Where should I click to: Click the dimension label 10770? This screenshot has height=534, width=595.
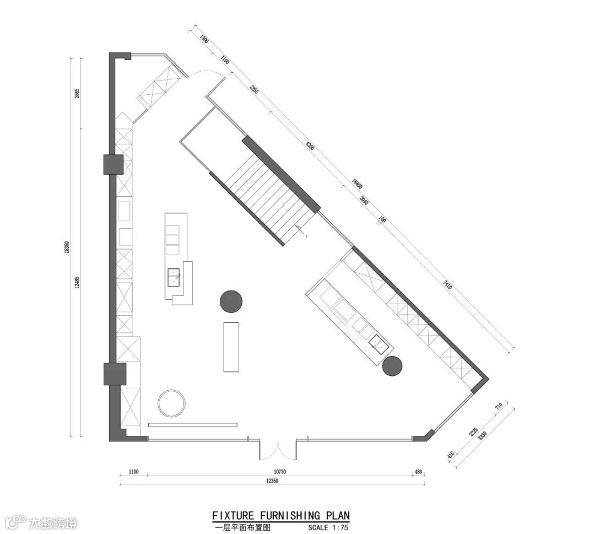(x=281, y=472)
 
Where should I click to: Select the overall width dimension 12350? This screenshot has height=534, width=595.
(x=271, y=481)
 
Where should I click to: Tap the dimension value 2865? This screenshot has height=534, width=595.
(x=78, y=93)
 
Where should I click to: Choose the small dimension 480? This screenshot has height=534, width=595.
(x=418, y=472)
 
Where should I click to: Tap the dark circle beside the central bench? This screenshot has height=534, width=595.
(x=231, y=301)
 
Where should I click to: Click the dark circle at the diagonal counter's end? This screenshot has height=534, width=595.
(x=392, y=366)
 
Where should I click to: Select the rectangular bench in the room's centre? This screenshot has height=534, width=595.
(x=231, y=347)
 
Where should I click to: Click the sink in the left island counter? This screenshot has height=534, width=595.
(x=174, y=276)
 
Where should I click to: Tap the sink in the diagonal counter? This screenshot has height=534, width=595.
(x=378, y=343)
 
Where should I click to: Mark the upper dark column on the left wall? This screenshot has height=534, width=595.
(x=113, y=164)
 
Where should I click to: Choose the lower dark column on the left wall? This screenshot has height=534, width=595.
(x=115, y=374)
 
